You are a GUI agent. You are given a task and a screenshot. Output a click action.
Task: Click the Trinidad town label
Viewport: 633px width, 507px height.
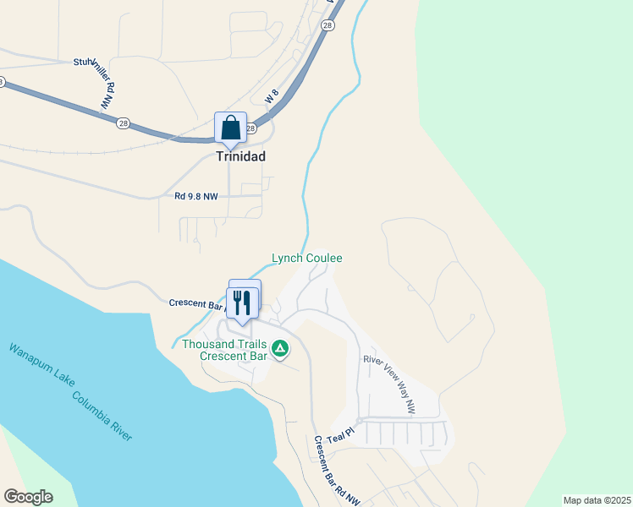241,156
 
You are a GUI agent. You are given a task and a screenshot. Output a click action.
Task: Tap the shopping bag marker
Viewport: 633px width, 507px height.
230,128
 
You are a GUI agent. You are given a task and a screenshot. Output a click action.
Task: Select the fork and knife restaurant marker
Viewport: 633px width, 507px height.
243,303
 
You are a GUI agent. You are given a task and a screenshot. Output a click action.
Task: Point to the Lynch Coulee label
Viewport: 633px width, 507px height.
306,258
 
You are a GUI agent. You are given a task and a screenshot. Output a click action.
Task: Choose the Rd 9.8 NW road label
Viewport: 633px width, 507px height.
195,197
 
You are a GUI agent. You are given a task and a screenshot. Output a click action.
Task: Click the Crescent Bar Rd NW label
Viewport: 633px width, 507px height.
337,471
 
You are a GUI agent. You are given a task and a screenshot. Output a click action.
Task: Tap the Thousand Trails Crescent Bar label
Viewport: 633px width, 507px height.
224,350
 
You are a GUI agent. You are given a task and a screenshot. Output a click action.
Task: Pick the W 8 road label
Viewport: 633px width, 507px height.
271,98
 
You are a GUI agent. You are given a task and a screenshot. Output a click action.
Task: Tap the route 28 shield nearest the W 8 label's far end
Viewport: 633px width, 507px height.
328,26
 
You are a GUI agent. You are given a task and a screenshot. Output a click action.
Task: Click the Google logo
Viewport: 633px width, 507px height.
28,497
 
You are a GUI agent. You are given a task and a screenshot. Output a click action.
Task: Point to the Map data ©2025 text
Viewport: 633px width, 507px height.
596,500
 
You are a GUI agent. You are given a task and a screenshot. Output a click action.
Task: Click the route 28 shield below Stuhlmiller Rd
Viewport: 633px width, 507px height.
123,123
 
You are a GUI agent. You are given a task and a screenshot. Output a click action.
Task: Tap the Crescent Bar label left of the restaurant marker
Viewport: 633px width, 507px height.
196,303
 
